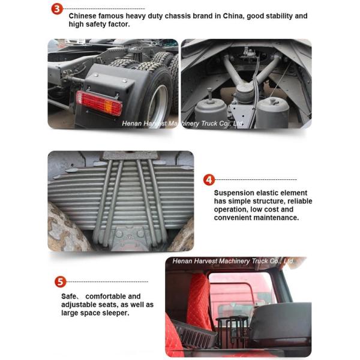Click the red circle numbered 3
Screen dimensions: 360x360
[57, 9]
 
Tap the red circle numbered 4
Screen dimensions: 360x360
[209, 180]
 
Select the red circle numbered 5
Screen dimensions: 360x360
[60, 282]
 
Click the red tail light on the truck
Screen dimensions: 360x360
[99, 103]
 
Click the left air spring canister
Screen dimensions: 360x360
[208, 113]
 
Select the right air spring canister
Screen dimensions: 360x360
[272, 113]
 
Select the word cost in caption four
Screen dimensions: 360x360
[271, 209]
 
